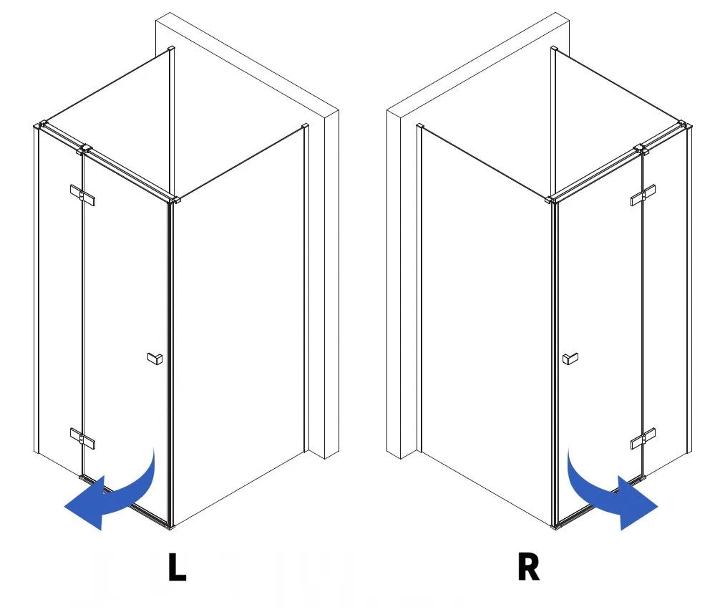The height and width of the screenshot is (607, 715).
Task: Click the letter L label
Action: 177,567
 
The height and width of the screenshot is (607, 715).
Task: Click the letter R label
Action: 528,567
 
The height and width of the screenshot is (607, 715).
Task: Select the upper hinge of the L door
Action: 82,195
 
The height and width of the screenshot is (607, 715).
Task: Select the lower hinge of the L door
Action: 82,438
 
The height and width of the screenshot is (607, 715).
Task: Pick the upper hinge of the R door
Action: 643,195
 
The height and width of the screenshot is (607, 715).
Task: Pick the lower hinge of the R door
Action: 643,438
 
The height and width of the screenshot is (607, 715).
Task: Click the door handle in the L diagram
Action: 155,359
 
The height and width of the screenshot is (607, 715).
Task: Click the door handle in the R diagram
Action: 570,359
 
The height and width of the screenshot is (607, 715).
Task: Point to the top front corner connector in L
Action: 174,200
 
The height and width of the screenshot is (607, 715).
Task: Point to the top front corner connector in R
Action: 552,200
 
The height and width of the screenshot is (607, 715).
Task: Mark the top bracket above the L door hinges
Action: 84,149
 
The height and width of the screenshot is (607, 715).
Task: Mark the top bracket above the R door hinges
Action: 641,149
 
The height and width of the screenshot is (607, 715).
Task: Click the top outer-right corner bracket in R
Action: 685,125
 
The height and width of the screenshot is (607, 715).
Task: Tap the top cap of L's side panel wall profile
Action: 305,126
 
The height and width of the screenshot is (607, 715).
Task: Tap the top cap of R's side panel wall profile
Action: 420,126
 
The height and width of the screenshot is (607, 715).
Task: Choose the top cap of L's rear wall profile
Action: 172,48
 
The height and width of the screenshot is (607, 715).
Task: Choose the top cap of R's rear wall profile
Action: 554,48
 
